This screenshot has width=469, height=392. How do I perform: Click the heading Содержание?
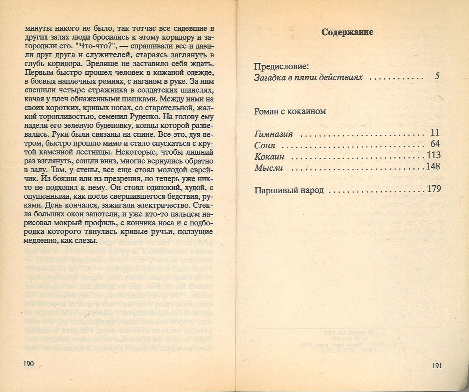coord(347,32)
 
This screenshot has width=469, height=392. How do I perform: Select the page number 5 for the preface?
coord(437,77)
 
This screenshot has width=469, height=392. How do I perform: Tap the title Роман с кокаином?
coord(290,111)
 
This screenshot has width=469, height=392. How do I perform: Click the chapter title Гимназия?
coord(274,134)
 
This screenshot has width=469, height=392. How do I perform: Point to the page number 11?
coord(435,133)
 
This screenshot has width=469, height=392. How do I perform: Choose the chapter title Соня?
coord(265,145)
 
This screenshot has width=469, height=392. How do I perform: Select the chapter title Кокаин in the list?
coord(269,157)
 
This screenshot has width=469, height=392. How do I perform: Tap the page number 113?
coord(433,155)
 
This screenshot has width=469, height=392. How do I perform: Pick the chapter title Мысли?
coord(268,168)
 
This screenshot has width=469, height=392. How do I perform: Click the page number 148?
coord(433,167)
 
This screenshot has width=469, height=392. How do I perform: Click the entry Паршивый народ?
coord(289,190)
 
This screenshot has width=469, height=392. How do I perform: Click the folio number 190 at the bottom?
coord(29,364)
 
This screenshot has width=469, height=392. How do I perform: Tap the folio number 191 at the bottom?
coord(437,366)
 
